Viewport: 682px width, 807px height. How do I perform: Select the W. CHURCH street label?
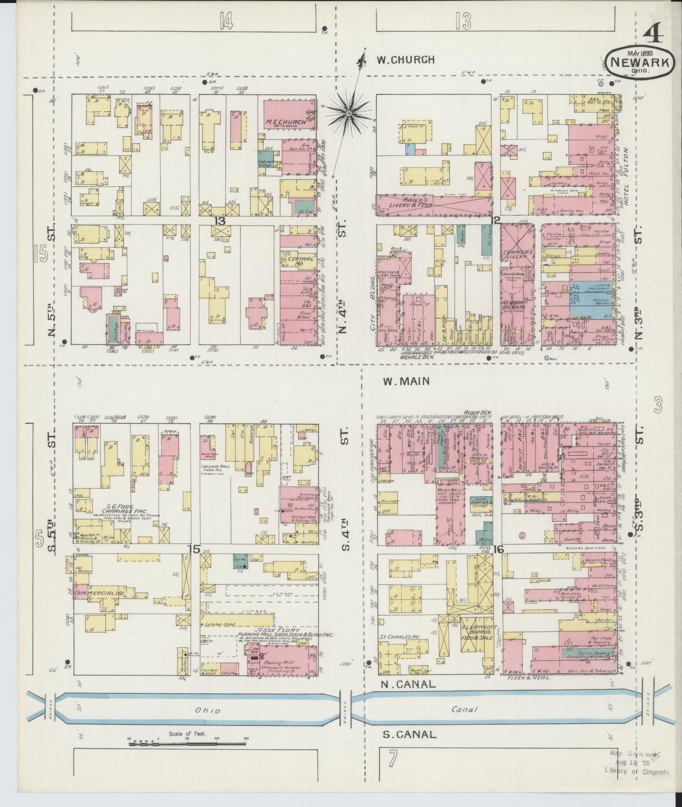(x=405, y=60)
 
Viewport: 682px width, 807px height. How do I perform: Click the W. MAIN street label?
(x=406, y=381)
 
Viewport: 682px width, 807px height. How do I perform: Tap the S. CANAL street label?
(x=409, y=734)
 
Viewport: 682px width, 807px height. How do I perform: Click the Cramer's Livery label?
(x=517, y=255)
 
